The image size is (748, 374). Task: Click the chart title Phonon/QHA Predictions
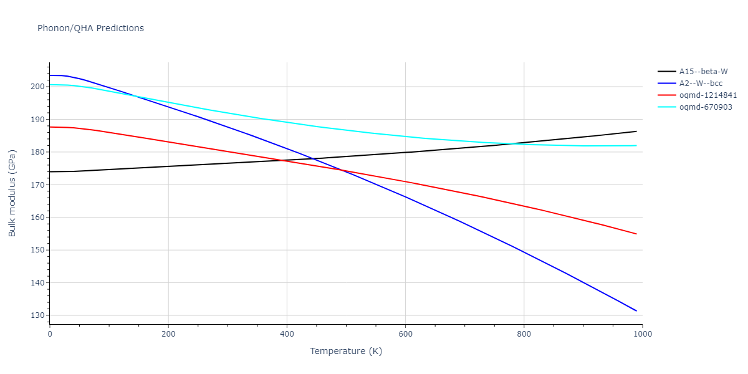point(90,28)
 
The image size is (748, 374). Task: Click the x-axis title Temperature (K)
point(346,351)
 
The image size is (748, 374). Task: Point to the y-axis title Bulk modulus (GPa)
point(12,193)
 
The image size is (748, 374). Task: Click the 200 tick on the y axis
point(37,87)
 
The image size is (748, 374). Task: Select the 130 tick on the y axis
point(37,315)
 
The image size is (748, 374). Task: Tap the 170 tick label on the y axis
point(37,185)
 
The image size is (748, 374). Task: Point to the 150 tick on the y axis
point(37,250)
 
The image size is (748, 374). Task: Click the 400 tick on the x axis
point(287,334)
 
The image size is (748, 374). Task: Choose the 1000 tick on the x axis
point(642,334)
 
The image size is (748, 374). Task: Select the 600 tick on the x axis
point(405,334)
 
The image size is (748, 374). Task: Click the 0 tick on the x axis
point(50,334)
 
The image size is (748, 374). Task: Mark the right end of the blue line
point(636,310)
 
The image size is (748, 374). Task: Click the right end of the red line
point(636,234)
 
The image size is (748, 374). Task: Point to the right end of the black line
point(636,131)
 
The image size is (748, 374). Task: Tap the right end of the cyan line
point(636,145)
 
